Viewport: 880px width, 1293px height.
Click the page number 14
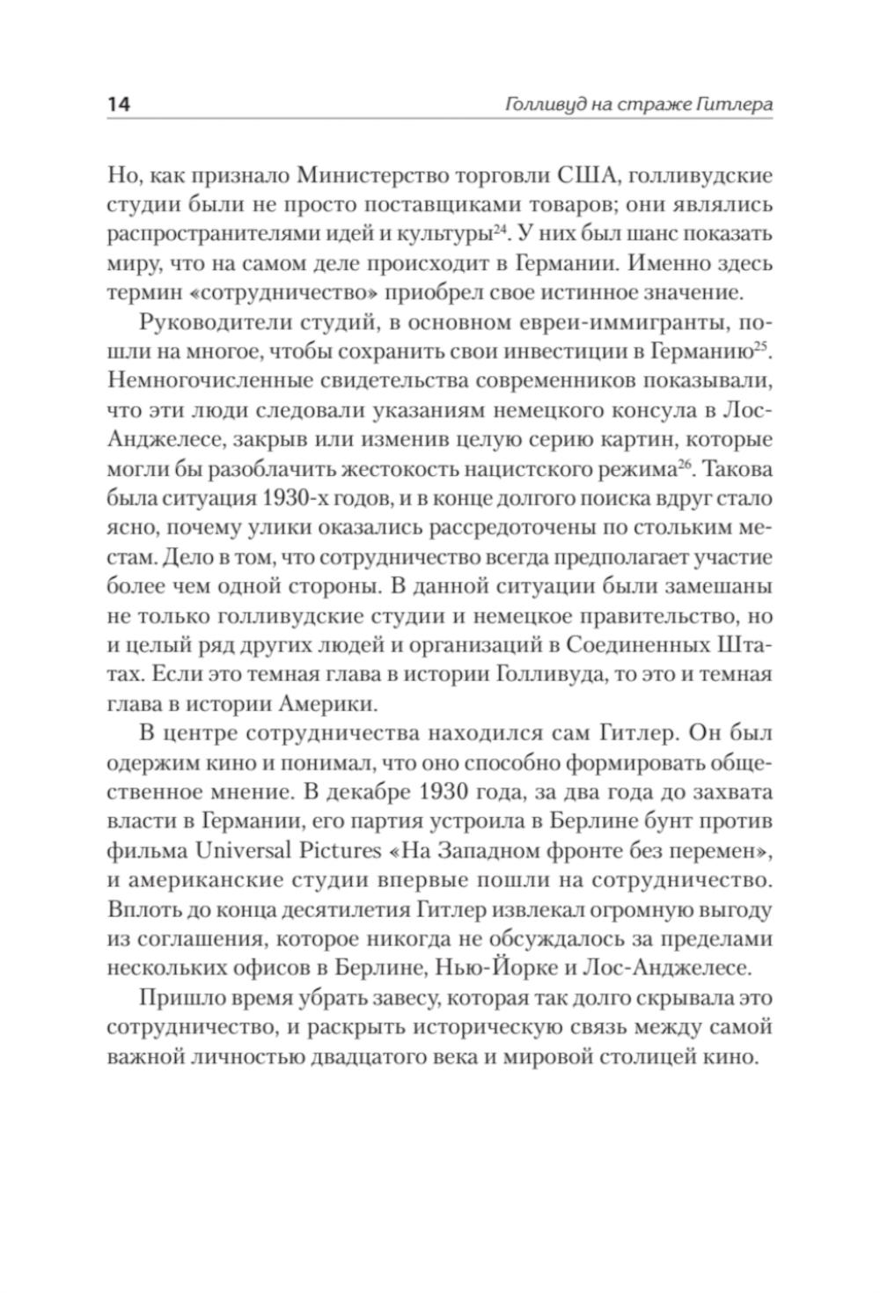[119, 104]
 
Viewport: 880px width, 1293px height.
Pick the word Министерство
[370, 175]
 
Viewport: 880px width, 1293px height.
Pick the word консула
[642, 410]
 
